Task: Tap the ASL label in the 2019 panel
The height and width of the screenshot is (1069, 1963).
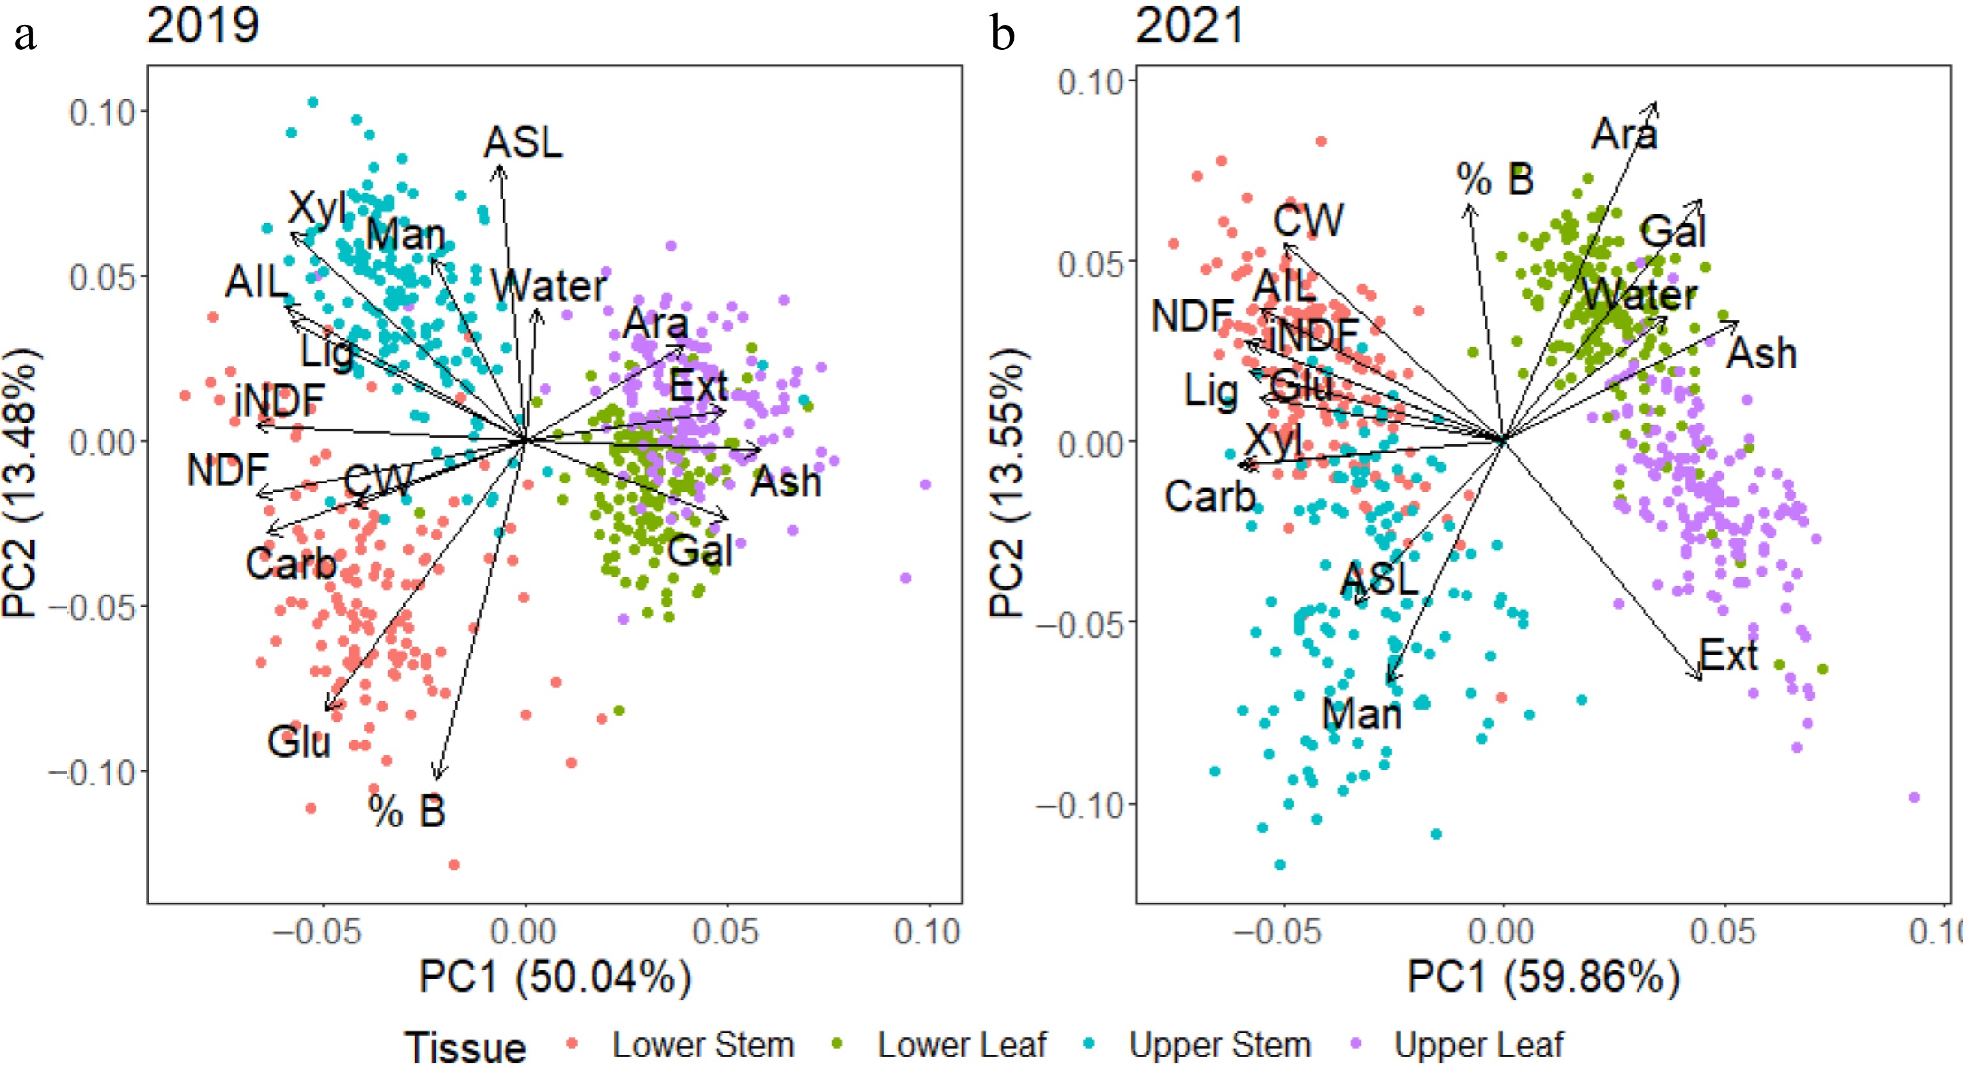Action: [524, 142]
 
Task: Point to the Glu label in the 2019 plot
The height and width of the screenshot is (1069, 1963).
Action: [299, 742]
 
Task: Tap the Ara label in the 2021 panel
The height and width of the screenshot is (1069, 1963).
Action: [1624, 135]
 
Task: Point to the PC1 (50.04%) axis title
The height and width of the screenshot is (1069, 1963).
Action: [555, 977]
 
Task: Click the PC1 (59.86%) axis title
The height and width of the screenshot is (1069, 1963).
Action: [1543, 977]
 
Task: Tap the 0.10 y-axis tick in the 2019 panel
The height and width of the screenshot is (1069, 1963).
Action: [102, 112]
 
